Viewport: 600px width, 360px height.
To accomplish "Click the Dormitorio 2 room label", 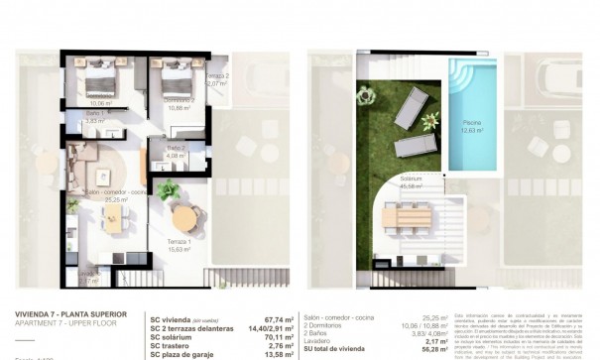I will pyautogui.click(x=164, y=99).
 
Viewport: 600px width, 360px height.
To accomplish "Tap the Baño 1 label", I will pyautogui.click(x=96, y=116).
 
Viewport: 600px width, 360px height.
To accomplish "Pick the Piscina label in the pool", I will pyautogui.click(x=470, y=125).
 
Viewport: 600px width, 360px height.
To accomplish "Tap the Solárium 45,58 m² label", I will pyautogui.click(x=411, y=181).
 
